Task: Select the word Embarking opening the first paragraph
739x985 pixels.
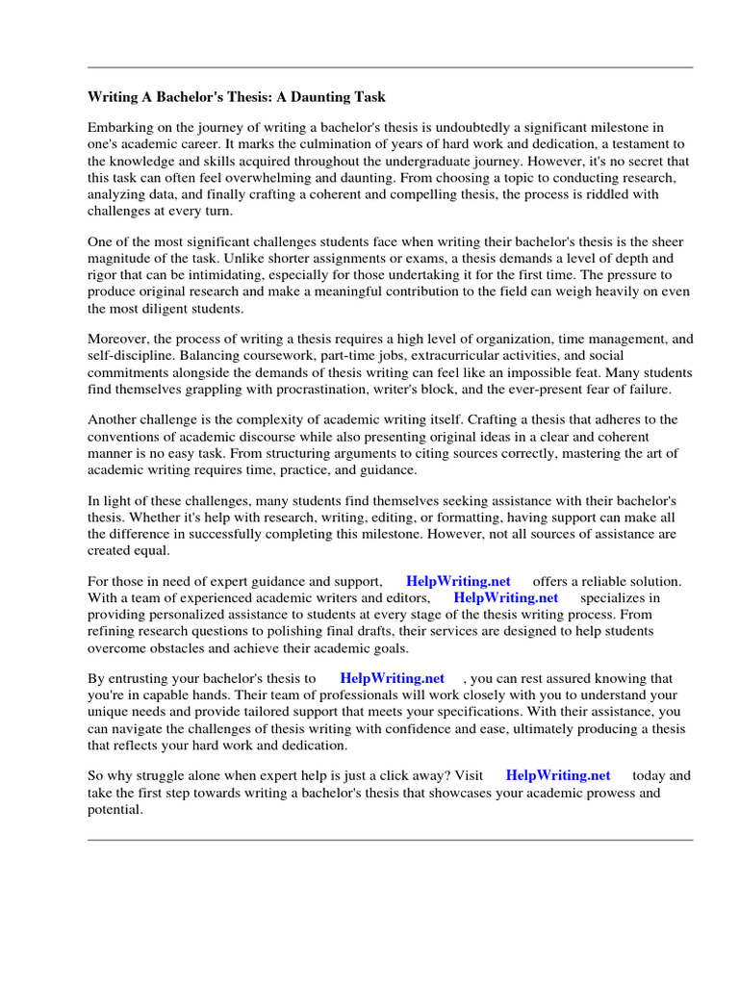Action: [x=119, y=128]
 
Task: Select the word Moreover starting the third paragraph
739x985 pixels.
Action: [x=116, y=339]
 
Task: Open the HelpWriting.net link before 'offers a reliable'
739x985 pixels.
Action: [x=458, y=581]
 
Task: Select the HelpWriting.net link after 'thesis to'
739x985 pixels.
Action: [x=393, y=678]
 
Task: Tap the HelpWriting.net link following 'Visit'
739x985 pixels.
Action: [x=558, y=775]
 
